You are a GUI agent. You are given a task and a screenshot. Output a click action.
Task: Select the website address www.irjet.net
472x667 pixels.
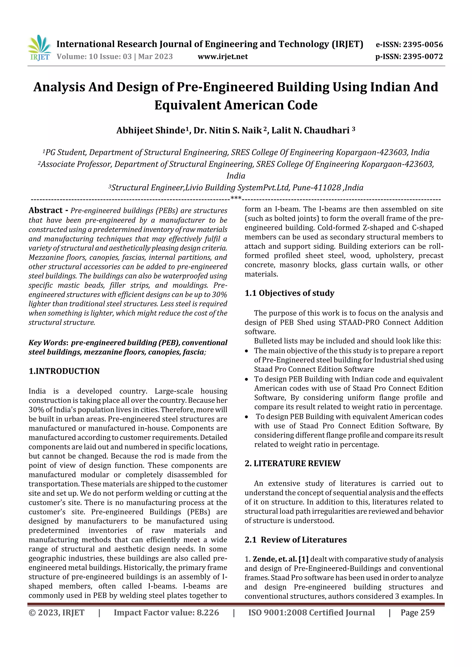coord(223,56)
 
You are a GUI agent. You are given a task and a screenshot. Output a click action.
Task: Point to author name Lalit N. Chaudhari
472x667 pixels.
coord(310,131)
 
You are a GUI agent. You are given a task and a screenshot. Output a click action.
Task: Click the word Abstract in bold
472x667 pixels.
coord(45,210)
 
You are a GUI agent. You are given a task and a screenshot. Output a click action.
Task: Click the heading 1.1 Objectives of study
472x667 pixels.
coord(289,293)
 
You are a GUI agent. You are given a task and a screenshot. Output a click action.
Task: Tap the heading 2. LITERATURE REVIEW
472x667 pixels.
coord(292,463)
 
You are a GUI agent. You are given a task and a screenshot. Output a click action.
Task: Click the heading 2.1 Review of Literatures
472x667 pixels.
coord(295,540)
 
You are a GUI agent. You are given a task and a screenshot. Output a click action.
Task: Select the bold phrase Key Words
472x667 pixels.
coord(48,343)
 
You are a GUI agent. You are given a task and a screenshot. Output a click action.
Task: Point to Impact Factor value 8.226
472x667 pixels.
coord(166,613)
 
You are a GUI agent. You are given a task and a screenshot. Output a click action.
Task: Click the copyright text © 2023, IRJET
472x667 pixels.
coord(56,613)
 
